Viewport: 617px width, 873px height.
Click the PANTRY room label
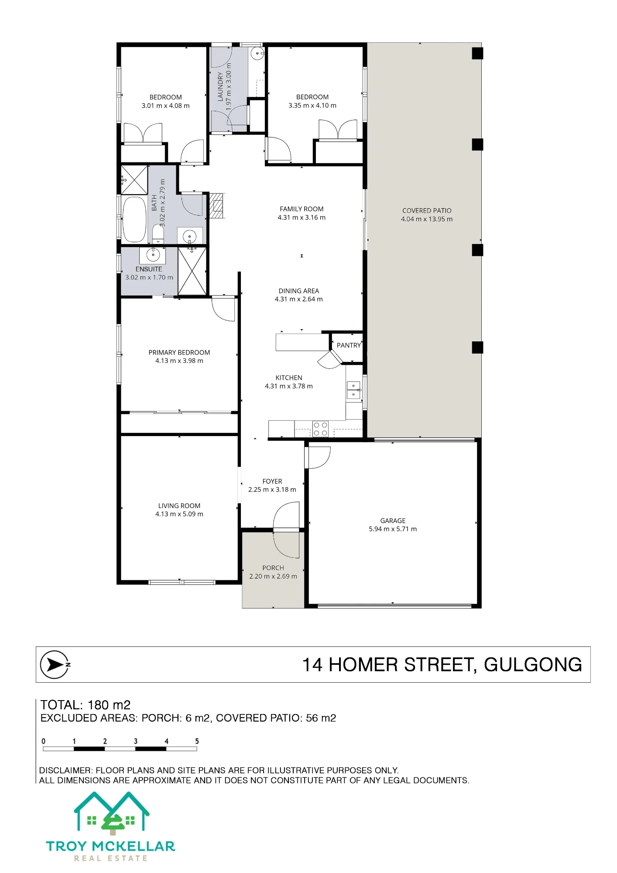pos(349,345)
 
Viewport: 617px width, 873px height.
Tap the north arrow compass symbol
pos(55,665)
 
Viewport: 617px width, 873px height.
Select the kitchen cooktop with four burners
pos(320,429)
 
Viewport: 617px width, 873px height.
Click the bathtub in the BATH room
pos(134,220)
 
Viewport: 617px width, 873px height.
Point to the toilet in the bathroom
pos(158,234)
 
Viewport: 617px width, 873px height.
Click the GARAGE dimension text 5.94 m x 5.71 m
pos(393,529)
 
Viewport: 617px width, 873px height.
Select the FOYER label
pos(272,481)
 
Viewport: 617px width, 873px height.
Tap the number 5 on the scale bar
pos(197,741)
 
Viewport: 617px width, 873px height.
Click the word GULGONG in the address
pos(533,665)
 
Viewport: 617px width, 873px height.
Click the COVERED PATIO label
pos(427,211)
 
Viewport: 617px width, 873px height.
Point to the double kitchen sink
pos(353,390)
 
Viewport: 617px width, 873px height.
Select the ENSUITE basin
pos(153,254)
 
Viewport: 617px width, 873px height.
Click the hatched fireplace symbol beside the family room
pos(217,206)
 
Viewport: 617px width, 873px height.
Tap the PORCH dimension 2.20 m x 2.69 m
pos(273,577)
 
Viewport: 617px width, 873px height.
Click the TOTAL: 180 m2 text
pos(86,705)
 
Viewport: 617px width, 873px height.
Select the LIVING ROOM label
pos(179,506)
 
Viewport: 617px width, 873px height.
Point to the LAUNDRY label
pos(220,87)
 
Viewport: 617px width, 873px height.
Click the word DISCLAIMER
pos(65,770)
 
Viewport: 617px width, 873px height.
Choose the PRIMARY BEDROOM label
pos(179,353)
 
